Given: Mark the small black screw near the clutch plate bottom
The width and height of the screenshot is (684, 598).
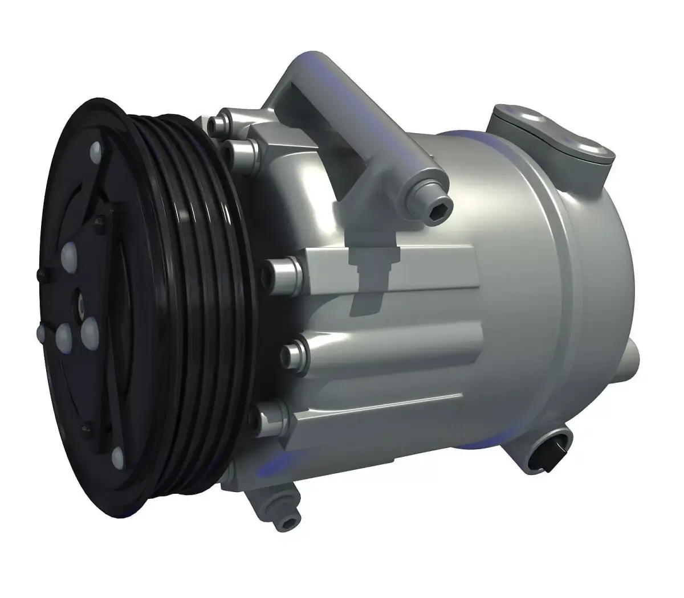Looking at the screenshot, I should click(85, 425).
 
